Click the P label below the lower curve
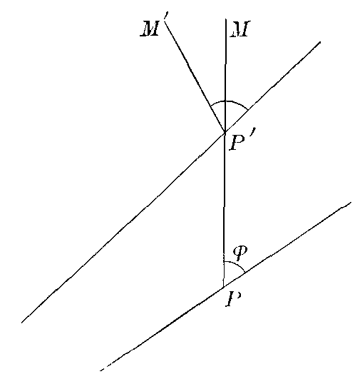(234, 299)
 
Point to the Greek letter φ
(240, 253)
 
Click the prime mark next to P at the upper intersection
(252, 137)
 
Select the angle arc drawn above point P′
(228, 101)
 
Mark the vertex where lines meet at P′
(225, 132)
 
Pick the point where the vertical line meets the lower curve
(224, 287)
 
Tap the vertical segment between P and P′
(225, 209)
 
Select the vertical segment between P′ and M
(225, 76)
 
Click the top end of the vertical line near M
(226, 19)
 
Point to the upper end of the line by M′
(166, 24)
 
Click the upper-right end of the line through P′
(320, 42)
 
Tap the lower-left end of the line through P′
(21, 323)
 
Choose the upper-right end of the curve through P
(351, 202)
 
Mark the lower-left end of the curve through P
(101, 370)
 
